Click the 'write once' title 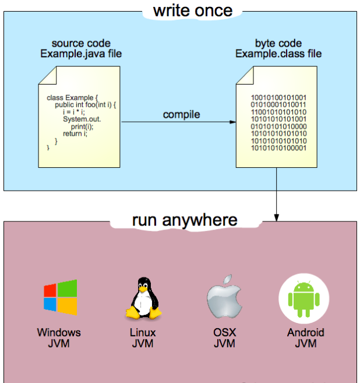(x=192, y=10)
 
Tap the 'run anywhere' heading (x=185, y=220)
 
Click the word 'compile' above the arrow (x=181, y=114)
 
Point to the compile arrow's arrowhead (x=233, y=122)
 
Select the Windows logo (x=60, y=298)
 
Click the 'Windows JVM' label (x=59, y=338)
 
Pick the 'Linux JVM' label (x=143, y=338)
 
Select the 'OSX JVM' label (x=224, y=338)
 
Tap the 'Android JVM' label (x=306, y=338)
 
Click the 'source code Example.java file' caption (x=81, y=48)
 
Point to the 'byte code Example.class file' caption (x=278, y=48)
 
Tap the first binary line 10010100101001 (x=278, y=97)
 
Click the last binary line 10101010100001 (x=278, y=148)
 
